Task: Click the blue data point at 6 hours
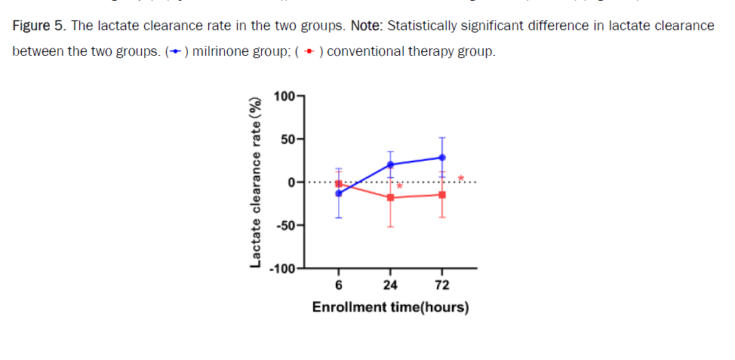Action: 339,193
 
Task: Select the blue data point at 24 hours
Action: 390,165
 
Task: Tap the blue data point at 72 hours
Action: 442,157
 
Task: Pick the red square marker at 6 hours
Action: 339,183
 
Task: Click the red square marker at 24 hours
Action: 390,198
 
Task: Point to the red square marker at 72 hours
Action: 442,195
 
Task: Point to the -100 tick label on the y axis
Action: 284,269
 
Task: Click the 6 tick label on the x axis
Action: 339,285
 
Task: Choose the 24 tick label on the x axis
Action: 390,285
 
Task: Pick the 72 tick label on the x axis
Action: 442,285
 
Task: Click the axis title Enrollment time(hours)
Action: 390,307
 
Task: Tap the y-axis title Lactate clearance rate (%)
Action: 257,182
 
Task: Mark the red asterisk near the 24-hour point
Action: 400,186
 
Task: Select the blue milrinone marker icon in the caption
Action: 175,53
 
